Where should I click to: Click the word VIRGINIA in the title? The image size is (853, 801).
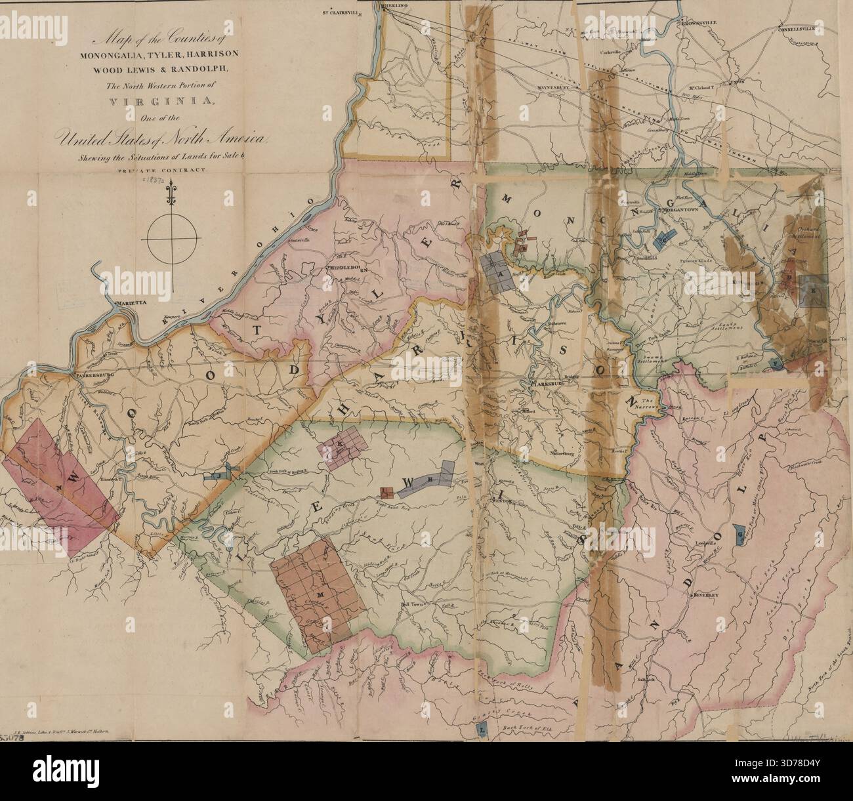pyautogui.click(x=171, y=101)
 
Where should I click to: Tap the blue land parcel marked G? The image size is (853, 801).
pyautogui.click(x=740, y=537)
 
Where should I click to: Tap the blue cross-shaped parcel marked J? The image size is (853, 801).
pyautogui.click(x=220, y=475)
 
